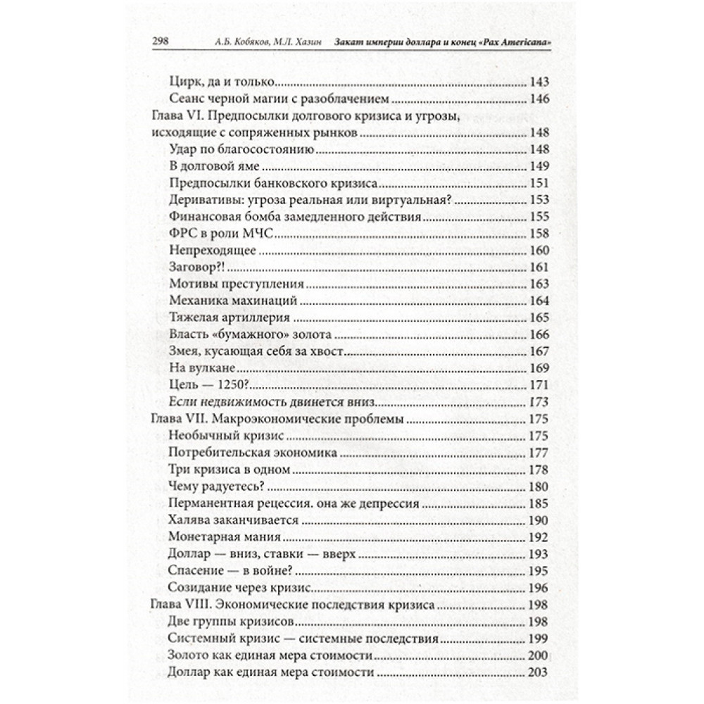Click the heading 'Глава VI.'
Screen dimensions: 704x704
click(179, 115)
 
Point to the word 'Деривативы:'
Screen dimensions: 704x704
click(204, 201)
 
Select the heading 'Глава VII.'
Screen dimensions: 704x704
click(181, 420)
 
